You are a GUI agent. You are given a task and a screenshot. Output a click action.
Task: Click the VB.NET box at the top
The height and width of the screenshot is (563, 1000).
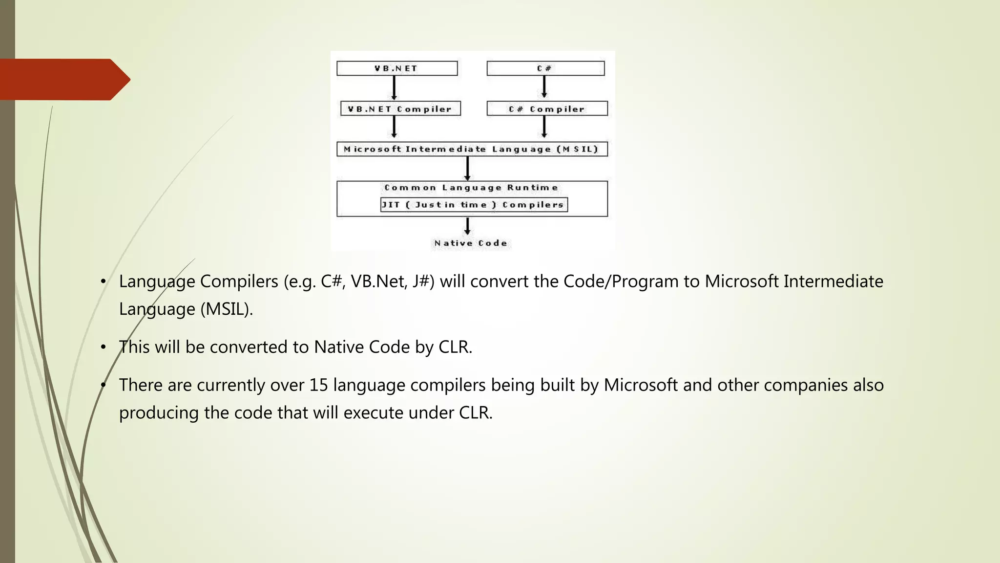tap(396, 68)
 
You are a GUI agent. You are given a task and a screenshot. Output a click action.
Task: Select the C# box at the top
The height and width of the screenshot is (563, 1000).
tap(545, 68)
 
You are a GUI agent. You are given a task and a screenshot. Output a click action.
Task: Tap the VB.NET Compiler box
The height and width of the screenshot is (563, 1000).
tap(400, 109)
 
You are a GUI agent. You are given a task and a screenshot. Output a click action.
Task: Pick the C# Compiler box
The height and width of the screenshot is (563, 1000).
tap(547, 109)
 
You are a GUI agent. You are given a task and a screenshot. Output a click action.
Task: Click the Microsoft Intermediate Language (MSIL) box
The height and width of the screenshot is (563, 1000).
tap(472, 149)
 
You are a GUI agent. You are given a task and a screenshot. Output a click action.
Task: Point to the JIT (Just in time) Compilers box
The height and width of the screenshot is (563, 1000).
tap(474, 205)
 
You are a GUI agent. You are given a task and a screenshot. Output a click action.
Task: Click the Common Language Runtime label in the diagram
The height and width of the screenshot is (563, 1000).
tap(471, 188)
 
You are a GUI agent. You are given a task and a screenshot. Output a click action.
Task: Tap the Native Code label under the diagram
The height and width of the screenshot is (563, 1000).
tap(471, 243)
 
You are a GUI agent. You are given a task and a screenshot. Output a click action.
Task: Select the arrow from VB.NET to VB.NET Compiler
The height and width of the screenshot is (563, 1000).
tap(394, 88)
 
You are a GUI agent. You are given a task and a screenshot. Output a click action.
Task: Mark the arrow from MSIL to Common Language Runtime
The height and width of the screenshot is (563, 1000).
tap(467, 169)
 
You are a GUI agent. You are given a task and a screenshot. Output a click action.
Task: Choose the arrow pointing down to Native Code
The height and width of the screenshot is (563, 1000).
tap(467, 226)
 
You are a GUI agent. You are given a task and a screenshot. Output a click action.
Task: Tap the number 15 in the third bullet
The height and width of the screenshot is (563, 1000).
tap(318, 385)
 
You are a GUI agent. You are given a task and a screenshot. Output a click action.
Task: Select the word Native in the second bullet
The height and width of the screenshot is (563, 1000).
tap(338, 347)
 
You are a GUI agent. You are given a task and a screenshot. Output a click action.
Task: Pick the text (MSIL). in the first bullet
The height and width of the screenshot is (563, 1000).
tap(227, 309)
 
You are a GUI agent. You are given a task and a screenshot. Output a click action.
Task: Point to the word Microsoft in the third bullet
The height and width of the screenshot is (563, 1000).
tap(640, 385)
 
